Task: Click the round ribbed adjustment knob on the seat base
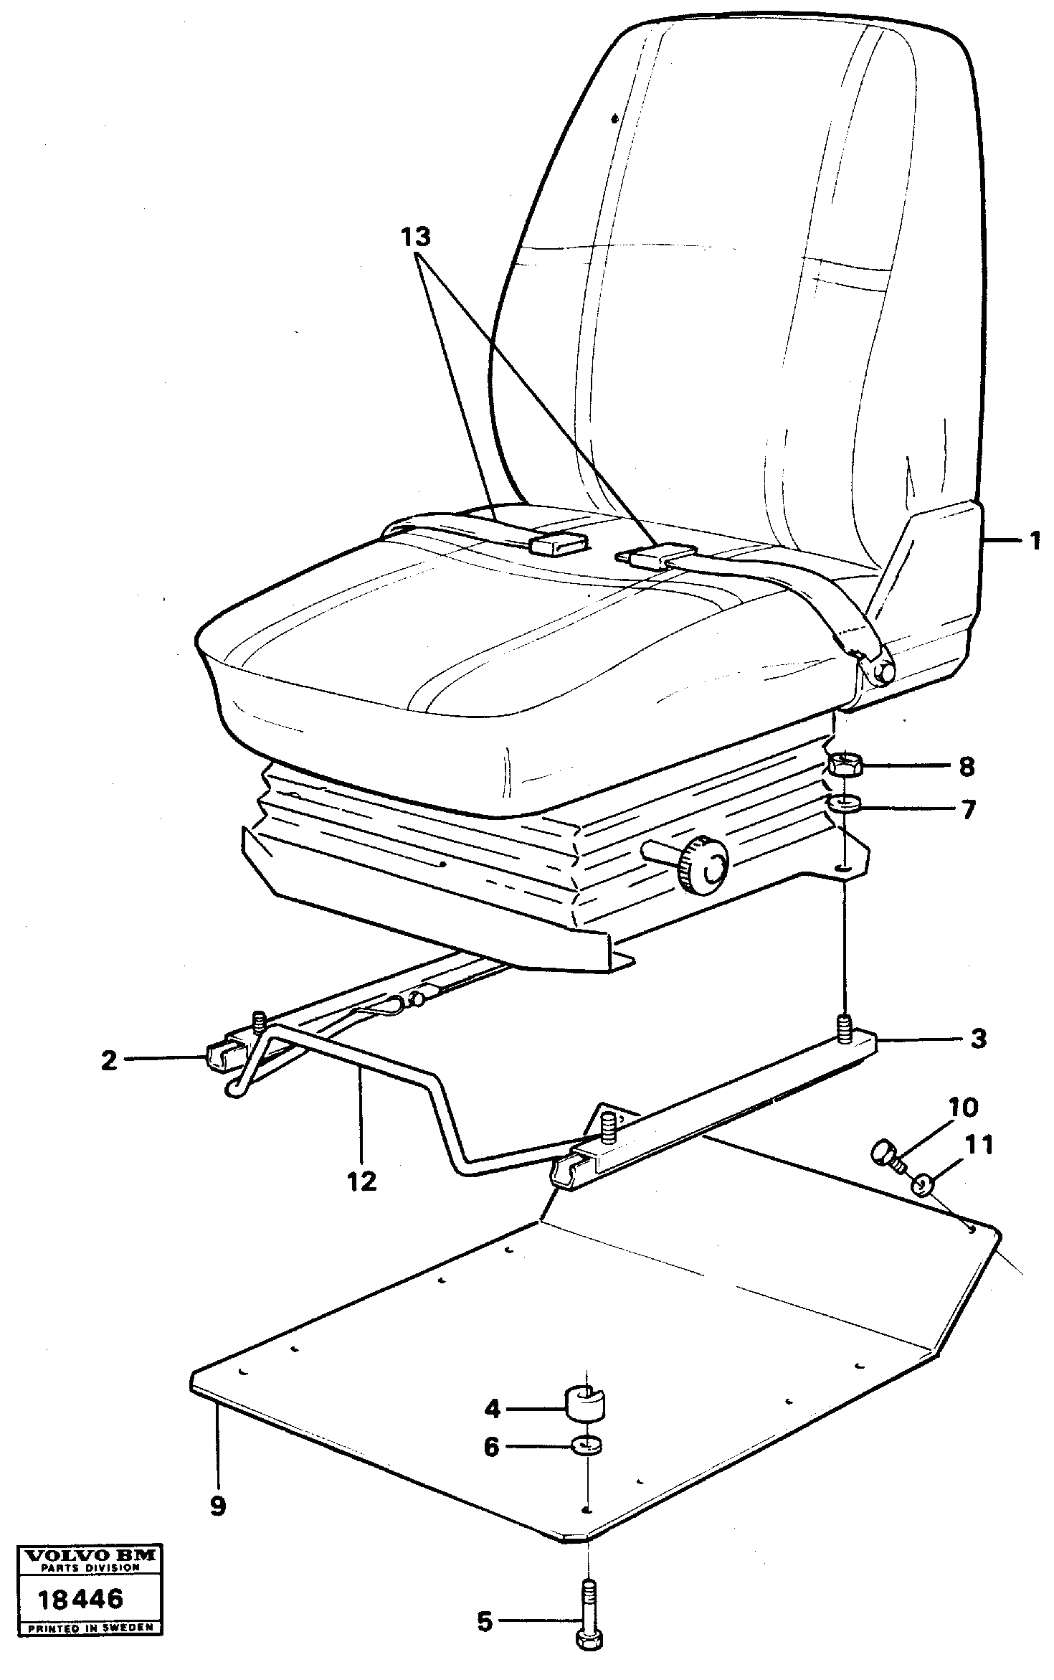pos(702,864)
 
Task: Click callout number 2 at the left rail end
pos(109,1061)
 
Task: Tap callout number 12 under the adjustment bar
pos(363,1181)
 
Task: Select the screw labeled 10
pos(883,1154)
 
